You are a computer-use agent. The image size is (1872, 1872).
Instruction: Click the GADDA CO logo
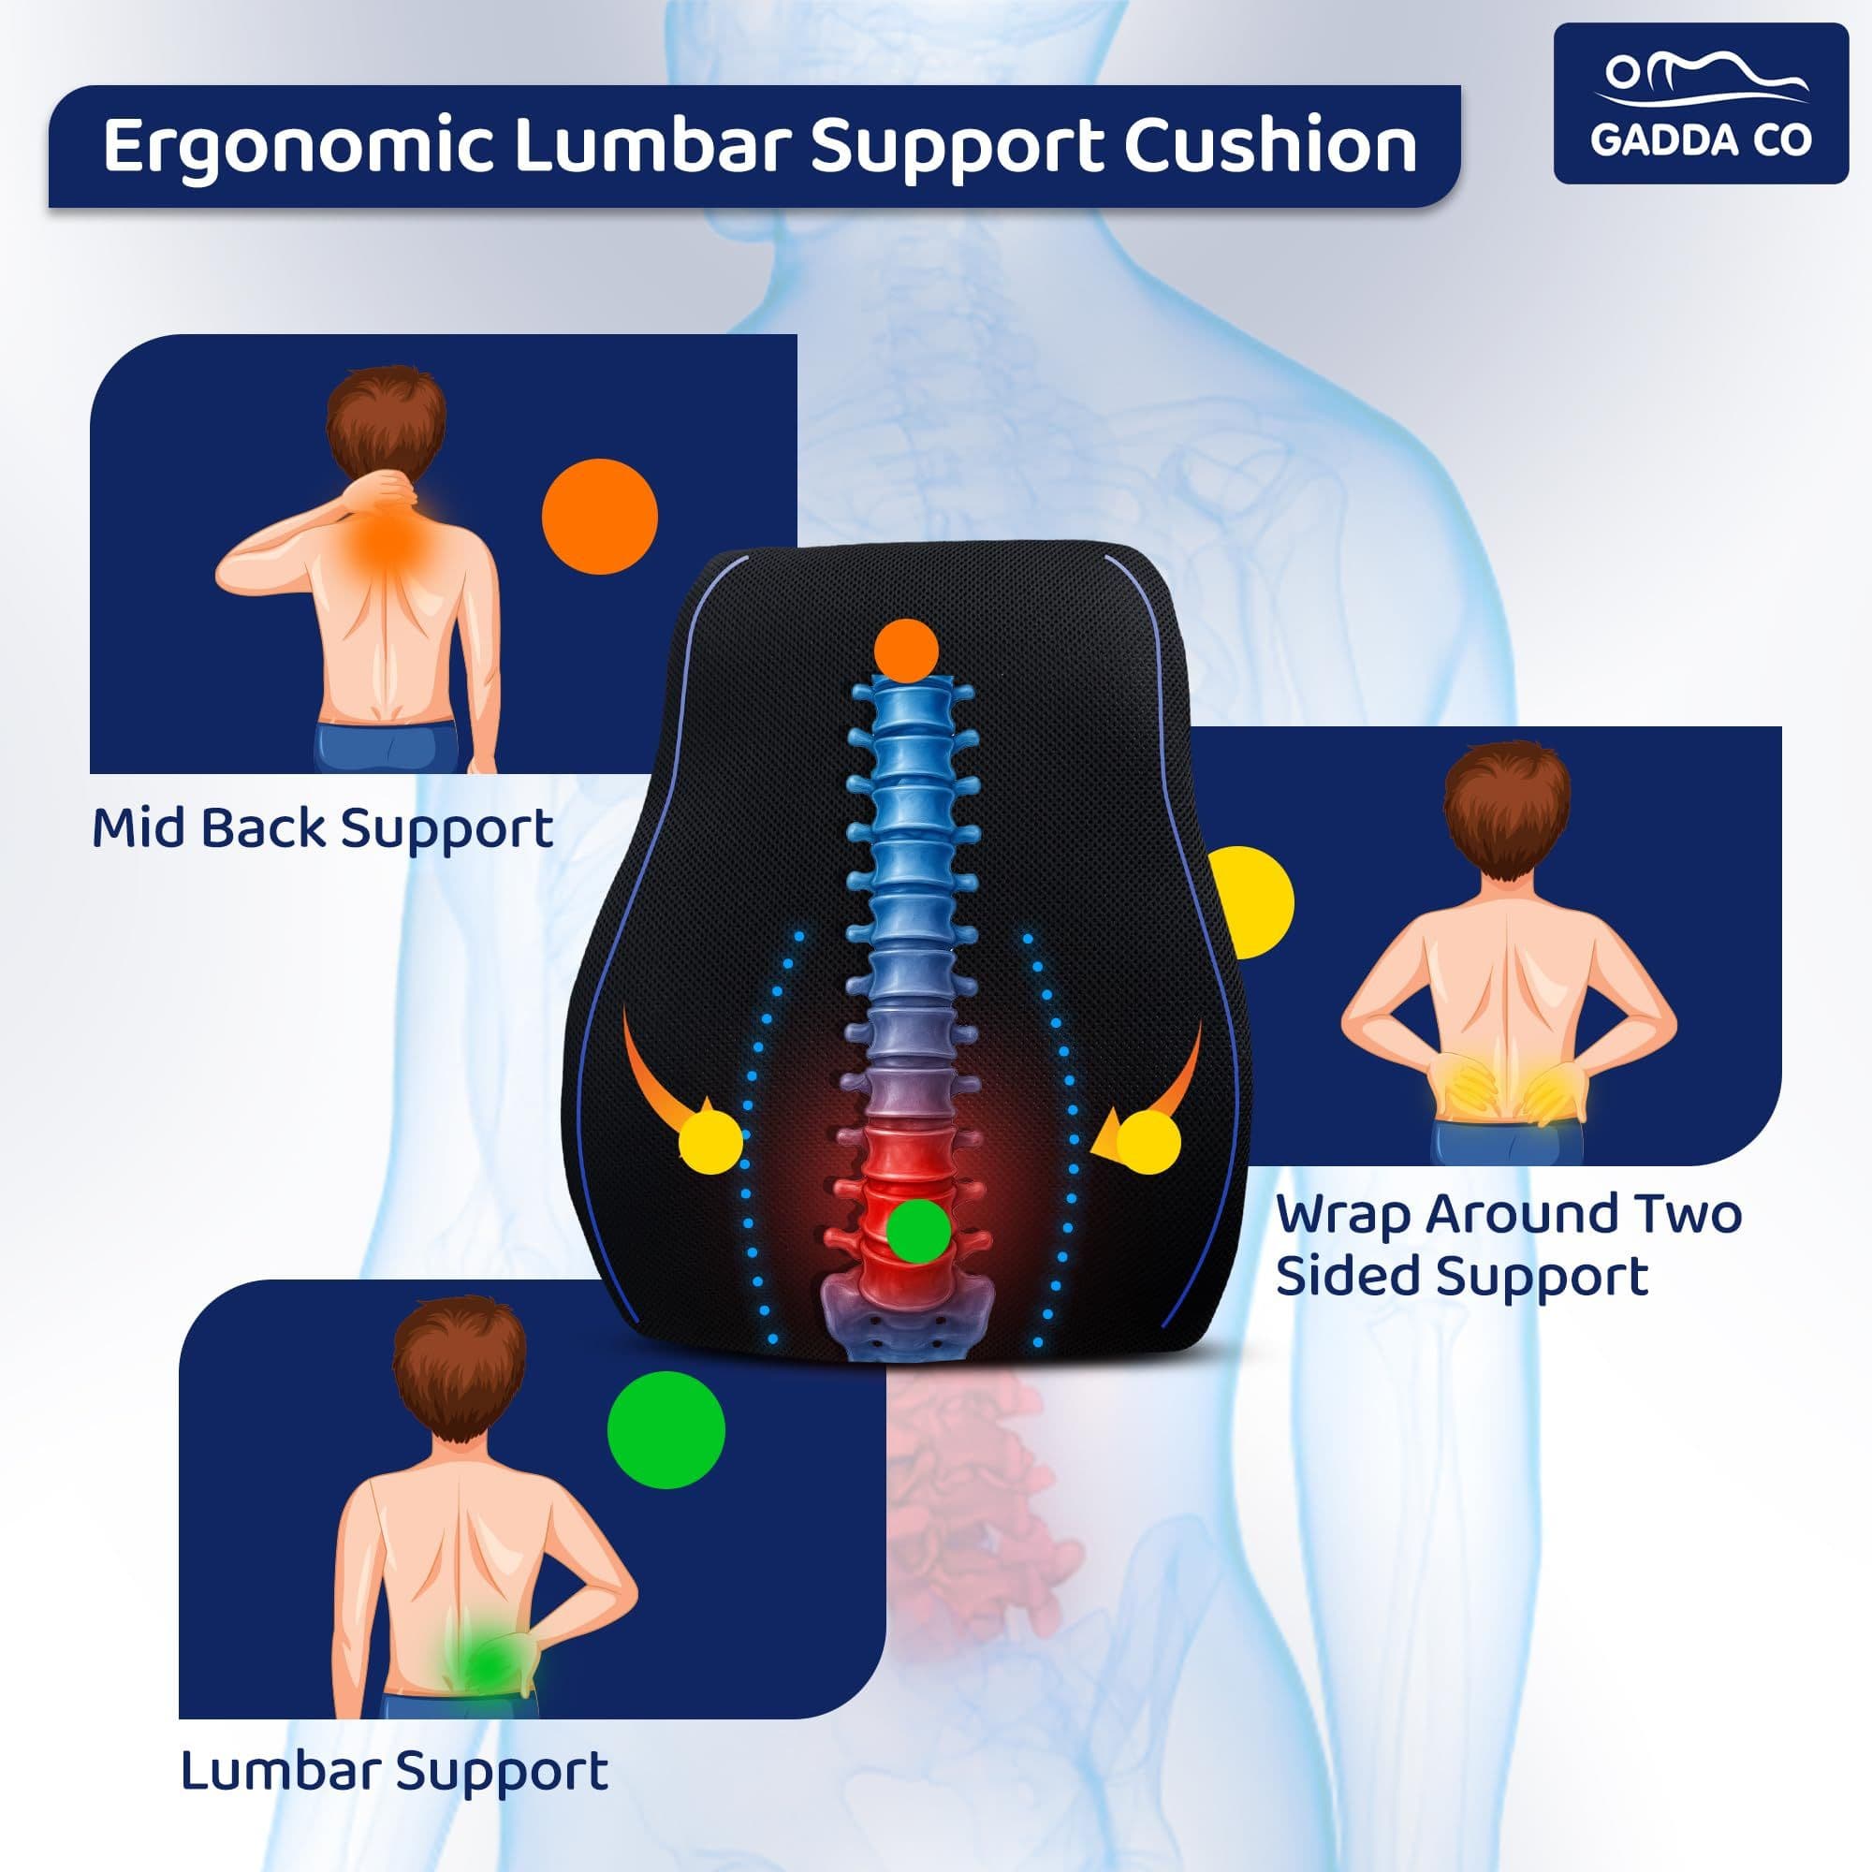tap(1701, 103)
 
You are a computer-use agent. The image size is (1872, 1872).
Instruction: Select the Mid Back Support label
tap(322, 829)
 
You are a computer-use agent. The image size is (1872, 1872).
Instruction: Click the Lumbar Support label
tap(394, 1770)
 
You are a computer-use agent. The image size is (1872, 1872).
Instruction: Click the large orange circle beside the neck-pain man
tap(600, 517)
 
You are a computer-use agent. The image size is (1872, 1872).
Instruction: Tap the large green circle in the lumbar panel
tap(665, 1430)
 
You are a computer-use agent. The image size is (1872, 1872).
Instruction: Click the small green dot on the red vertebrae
tap(918, 1231)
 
